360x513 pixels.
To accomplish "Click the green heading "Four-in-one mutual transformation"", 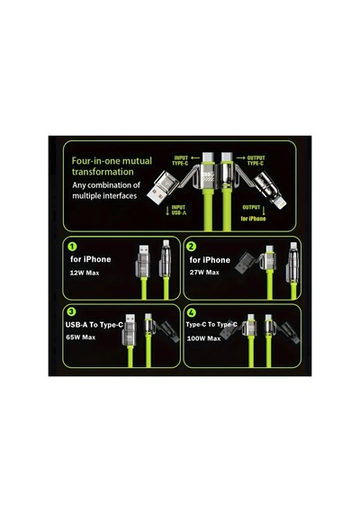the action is click(x=112, y=166).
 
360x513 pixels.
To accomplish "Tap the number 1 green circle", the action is click(x=72, y=246).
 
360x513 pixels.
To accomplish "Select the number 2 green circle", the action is click(x=191, y=246).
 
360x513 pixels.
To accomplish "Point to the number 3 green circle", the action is click(x=71, y=311).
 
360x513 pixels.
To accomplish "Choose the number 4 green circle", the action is click(x=191, y=313).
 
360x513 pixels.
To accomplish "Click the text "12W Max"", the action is click(x=85, y=273).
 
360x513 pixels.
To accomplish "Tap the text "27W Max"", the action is click(x=204, y=272).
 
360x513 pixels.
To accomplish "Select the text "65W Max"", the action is click(x=80, y=337).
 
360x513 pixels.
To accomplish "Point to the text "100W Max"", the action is click(x=203, y=338).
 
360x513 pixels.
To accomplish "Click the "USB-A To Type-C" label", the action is click(x=94, y=325).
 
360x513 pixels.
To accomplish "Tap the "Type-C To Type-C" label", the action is click(x=211, y=324).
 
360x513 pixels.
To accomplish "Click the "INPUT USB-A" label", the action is click(x=179, y=210).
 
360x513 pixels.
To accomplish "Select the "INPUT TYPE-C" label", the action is click(x=180, y=160).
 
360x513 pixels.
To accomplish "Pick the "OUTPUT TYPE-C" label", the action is click(x=256, y=160).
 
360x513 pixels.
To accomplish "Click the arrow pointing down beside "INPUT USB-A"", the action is click(x=167, y=211).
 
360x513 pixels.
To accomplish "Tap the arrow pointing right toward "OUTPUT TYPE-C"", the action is click(x=241, y=157).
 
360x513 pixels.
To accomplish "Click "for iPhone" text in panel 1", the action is click(x=91, y=259).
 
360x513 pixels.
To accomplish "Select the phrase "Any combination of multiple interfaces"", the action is click(x=106, y=191).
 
